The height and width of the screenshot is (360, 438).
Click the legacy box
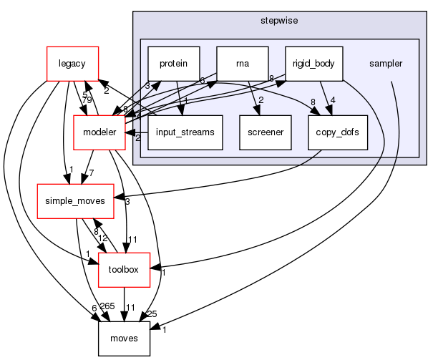point(72,63)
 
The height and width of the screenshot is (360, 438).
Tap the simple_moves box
point(75,200)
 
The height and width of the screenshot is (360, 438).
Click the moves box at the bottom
point(123,338)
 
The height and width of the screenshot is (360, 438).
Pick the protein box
point(173,63)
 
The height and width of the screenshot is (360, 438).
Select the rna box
point(241,63)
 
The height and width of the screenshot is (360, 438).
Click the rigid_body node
point(313,63)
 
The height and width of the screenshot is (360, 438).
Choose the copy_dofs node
point(333,132)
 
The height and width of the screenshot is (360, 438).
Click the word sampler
point(385,63)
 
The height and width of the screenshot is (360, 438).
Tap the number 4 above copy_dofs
point(334,100)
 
